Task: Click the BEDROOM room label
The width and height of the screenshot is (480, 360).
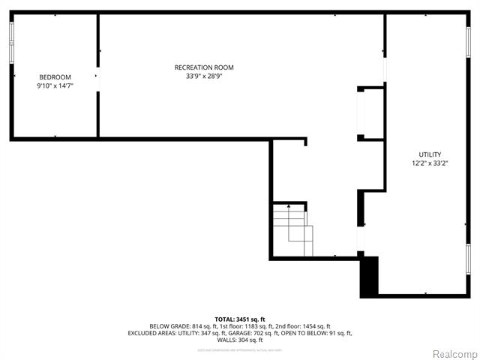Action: click(55, 77)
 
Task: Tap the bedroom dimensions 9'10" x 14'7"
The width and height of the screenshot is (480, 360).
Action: click(55, 86)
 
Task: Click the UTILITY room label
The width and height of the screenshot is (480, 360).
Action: click(430, 154)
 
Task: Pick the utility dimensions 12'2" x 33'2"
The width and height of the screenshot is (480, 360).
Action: click(430, 163)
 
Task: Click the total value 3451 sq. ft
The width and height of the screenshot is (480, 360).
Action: click(250, 319)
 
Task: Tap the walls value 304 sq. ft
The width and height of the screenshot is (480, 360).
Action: click(250, 340)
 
